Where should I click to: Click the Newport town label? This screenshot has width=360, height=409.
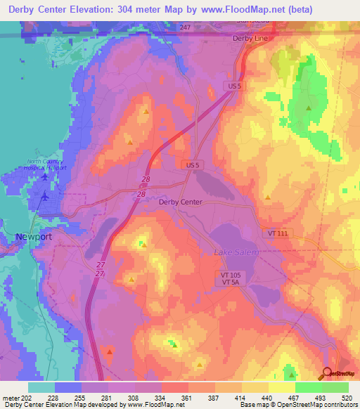coord(34,238)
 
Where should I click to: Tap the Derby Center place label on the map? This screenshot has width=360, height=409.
coord(181,202)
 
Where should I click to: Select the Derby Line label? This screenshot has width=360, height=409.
coord(251,39)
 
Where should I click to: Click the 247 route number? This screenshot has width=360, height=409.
coord(185,27)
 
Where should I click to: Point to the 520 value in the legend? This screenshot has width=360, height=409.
coord(346,397)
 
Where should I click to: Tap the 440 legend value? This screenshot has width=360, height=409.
coord(266,397)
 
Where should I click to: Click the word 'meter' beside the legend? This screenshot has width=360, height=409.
coord(10,397)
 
